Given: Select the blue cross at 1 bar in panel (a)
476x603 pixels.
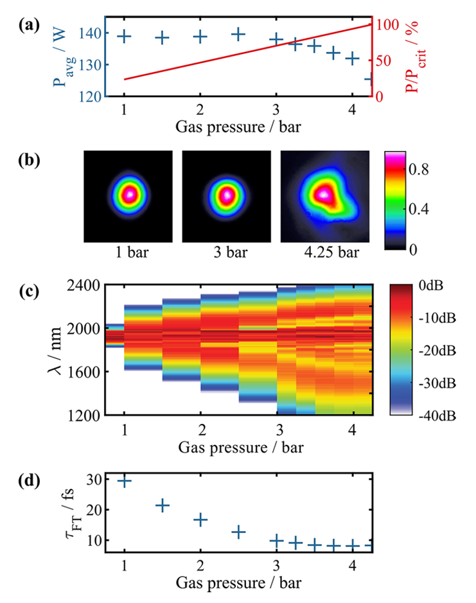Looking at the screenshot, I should tap(125, 37).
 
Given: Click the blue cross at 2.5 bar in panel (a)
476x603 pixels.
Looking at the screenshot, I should tap(238, 34).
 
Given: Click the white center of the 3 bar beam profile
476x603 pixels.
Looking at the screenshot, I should tap(227, 193).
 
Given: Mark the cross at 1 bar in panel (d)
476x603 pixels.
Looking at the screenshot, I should tap(125, 481).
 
